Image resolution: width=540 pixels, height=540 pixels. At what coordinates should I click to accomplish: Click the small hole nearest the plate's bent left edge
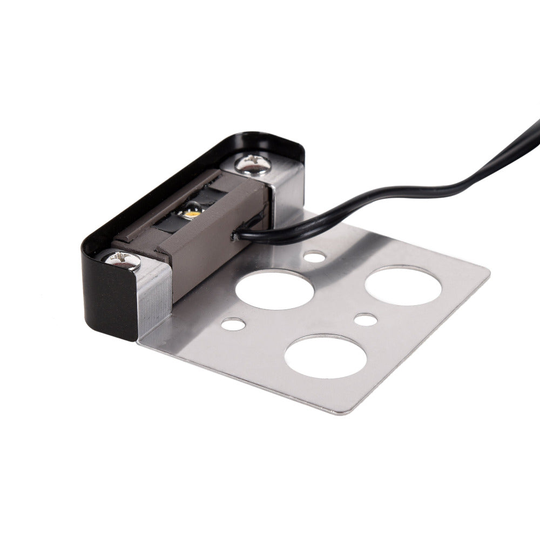(x=232, y=325)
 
